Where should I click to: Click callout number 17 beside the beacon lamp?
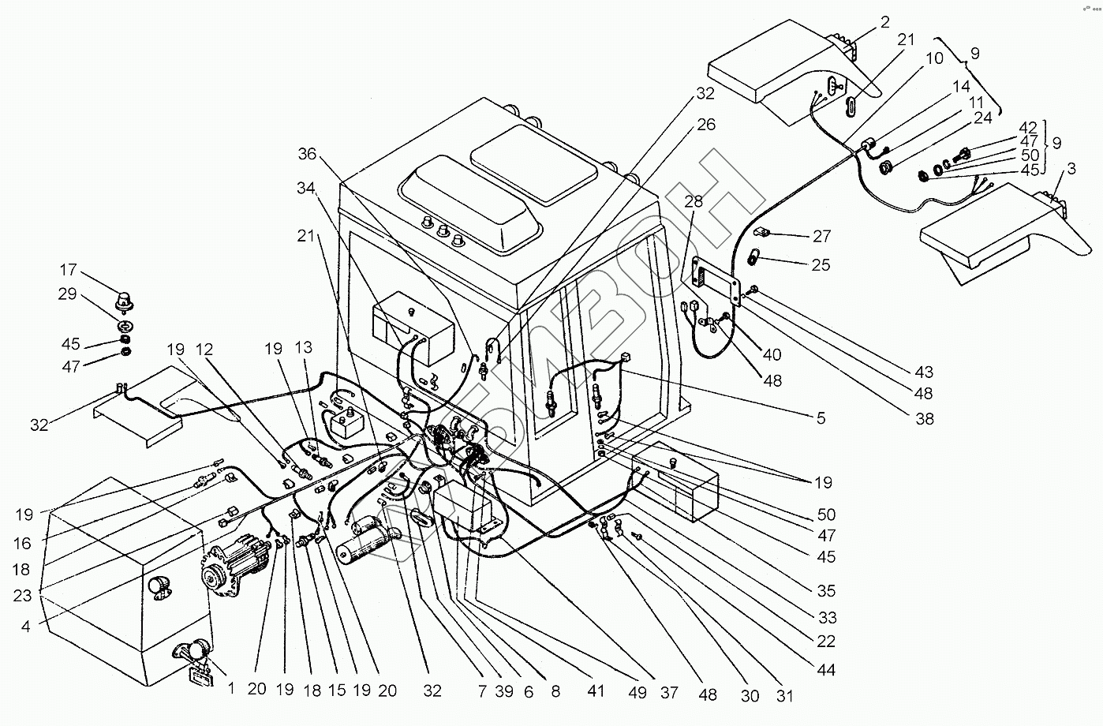[69, 270]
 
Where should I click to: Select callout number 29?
[68, 294]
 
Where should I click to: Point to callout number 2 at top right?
[885, 22]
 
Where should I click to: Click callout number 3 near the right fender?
[1071, 168]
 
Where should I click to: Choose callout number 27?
[821, 237]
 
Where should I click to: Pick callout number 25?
[821, 265]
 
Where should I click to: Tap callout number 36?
[307, 154]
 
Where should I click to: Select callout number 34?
[306, 188]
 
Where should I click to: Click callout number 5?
[821, 418]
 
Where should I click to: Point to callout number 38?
[924, 419]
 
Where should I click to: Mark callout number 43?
[924, 372]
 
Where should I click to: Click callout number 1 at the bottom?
[231, 689]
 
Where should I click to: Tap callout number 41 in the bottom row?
[596, 691]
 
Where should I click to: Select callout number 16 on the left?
[22, 543]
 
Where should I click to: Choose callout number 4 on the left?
[25, 627]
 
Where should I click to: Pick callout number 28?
[694, 201]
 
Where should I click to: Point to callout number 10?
[934, 58]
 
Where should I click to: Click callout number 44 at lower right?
[826, 670]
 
